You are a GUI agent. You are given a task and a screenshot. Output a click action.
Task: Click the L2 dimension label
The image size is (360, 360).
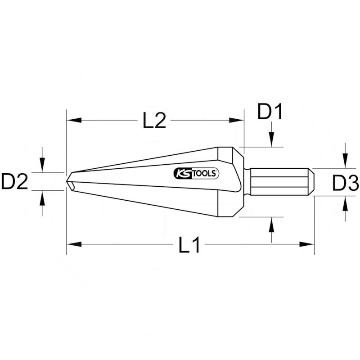(155, 121)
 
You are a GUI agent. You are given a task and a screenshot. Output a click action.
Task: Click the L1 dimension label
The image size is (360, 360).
(189, 245)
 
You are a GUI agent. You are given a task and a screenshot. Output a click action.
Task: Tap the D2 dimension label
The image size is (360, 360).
(15, 182)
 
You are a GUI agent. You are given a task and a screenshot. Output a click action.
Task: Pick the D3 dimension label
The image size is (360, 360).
(345, 183)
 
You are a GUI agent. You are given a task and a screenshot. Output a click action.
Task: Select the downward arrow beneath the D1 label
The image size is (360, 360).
(272, 140)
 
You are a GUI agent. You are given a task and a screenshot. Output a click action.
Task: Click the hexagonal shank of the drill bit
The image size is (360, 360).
(279, 182)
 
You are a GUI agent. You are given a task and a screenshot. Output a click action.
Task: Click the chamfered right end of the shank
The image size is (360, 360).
(311, 182)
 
